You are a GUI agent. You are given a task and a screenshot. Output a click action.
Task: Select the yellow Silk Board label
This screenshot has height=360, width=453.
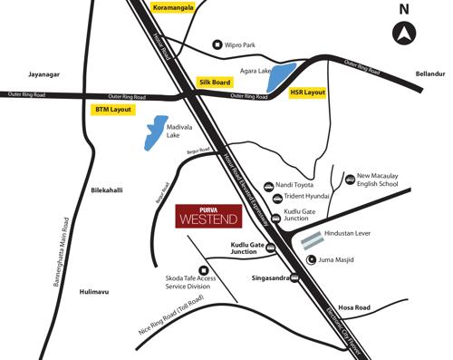click(x=215, y=82)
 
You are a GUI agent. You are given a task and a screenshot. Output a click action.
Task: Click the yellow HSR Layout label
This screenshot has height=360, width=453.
click(x=307, y=92)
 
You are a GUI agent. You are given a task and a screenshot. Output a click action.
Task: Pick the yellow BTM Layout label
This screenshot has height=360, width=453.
click(x=113, y=109)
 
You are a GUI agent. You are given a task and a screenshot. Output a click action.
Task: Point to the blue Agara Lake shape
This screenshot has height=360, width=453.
click(x=283, y=76)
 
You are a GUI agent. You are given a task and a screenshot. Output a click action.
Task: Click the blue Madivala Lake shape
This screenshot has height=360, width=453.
click(x=158, y=131)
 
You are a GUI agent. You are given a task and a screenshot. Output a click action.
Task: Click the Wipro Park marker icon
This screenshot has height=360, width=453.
click(x=217, y=44)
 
